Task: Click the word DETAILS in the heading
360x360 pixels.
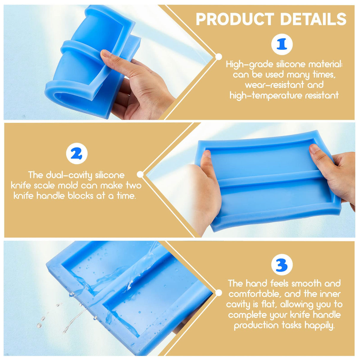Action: point(313,19)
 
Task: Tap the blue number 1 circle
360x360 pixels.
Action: point(282,44)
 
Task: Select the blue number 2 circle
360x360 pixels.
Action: point(77,154)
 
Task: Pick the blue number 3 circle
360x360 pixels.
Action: point(282,265)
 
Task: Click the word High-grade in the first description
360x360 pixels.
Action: point(250,64)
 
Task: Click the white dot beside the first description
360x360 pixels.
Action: point(219,57)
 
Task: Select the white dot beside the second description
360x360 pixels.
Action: point(141,174)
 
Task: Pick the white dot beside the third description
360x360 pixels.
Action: point(219,293)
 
